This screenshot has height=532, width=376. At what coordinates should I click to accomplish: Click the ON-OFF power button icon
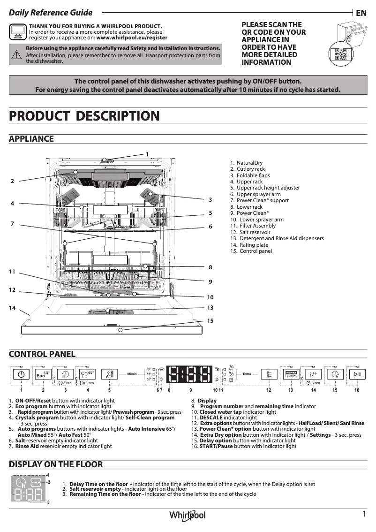pyautogui.click(x=21, y=374)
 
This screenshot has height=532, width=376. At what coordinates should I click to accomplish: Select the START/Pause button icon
pyautogui.click(x=357, y=374)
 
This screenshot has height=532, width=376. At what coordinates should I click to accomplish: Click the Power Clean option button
pyautogui.click(x=291, y=374)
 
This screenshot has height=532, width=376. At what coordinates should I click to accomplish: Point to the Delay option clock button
pyautogui.click(x=335, y=374)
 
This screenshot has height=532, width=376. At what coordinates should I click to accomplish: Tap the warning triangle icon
pyautogui.click(x=16, y=54)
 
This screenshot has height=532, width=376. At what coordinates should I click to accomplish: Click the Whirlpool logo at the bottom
pyautogui.click(x=188, y=515)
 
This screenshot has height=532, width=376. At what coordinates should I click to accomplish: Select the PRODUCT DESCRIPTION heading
pyautogui.click(x=84, y=116)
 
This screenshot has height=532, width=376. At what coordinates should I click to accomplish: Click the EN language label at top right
pyautogui.click(x=361, y=13)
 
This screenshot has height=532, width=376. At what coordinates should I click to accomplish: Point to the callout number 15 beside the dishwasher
pyautogui.click(x=210, y=321)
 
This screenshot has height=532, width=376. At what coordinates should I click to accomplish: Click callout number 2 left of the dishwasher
pyautogui.click(x=13, y=181)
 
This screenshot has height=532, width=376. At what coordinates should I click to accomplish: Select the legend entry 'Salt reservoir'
pyautogui.click(x=255, y=232)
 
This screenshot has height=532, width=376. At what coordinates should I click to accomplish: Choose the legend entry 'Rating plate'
pyautogui.click(x=254, y=245)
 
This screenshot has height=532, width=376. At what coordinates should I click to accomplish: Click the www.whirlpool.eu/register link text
pyautogui.click(x=131, y=38)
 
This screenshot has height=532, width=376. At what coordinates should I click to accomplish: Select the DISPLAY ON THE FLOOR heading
pyautogui.click(x=56, y=464)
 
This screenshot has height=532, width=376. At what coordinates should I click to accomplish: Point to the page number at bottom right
pyautogui.click(x=364, y=514)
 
